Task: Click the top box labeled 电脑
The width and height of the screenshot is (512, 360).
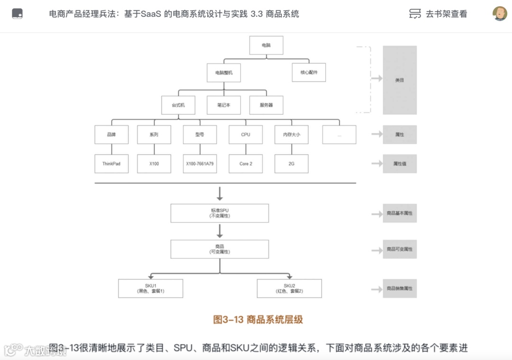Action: (x=266, y=45)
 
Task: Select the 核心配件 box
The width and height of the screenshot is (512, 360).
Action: (x=309, y=72)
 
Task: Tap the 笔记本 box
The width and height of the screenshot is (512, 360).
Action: (x=224, y=105)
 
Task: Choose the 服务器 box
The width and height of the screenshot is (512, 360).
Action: (x=266, y=105)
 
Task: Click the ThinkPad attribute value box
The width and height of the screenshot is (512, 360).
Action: (x=111, y=163)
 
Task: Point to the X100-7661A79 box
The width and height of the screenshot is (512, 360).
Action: (x=200, y=163)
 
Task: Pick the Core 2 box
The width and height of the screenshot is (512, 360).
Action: (x=246, y=163)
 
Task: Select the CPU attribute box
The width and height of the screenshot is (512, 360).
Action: (x=246, y=135)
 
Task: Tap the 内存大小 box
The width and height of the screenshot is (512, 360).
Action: (x=292, y=135)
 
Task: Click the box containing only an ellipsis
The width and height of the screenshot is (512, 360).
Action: (x=339, y=135)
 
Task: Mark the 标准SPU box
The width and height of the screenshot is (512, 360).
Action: (x=219, y=213)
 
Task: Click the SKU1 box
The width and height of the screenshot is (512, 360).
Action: (x=151, y=288)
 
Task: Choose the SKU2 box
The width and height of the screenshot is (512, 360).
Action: (x=289, y=288)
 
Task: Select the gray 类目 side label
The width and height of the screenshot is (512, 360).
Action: (x=400, y=80)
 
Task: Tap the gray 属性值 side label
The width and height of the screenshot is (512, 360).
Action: (x=400, y=163)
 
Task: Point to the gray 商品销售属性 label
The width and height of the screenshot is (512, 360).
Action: (x=400, y=288)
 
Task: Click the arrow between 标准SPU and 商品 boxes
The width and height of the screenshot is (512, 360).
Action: (x=219, y=231)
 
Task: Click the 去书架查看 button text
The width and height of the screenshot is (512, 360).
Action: (x=446, y=14)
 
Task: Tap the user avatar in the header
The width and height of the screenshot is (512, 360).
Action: (x=500, y=14)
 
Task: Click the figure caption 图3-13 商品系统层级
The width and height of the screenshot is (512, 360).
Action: (x=258, y=320)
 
